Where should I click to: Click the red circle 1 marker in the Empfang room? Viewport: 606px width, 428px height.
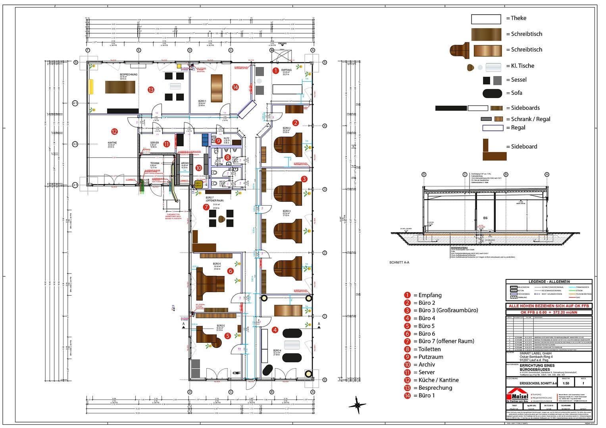pos(275,71)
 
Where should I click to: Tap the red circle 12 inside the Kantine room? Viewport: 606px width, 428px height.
pos(114,132)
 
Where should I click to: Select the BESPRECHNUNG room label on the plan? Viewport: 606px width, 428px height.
pos(129,75)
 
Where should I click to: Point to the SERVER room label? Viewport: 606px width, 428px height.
pos(154,143)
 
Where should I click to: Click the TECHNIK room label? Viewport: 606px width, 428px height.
pos(155,163)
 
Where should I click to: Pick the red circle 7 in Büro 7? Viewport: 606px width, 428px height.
pos(206,207)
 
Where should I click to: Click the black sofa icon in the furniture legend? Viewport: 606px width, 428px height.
pos(492,94)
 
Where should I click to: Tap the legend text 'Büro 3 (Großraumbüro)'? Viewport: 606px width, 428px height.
pos(448,310)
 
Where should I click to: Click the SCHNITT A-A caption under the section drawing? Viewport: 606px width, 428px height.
pos(399,262)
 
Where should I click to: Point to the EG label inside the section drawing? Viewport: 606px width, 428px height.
pos(485,218)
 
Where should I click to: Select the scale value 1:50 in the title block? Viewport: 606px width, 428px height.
pos(566,383)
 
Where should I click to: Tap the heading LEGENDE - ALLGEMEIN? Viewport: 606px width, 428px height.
pos(548,282)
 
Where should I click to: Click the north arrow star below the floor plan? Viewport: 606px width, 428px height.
pos(357,405)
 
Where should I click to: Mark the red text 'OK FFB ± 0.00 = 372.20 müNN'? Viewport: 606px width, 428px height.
pos(548,311)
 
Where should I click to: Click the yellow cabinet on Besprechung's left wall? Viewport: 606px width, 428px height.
pos(91,86)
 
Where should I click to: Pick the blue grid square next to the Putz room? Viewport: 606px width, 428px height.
pos(205,138)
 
